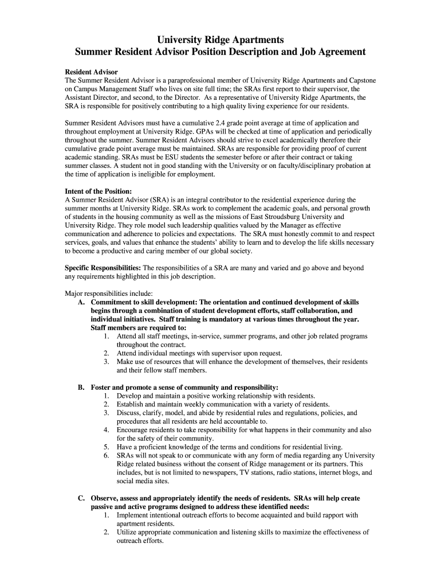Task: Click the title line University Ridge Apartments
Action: (220, 40)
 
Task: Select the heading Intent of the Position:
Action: (99, 191)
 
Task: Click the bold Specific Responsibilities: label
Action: (103, 268)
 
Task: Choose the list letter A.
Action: (81, 302)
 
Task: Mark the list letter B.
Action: (81, 388)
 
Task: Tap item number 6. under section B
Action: (107, 456)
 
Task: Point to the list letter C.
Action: (81, 498)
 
